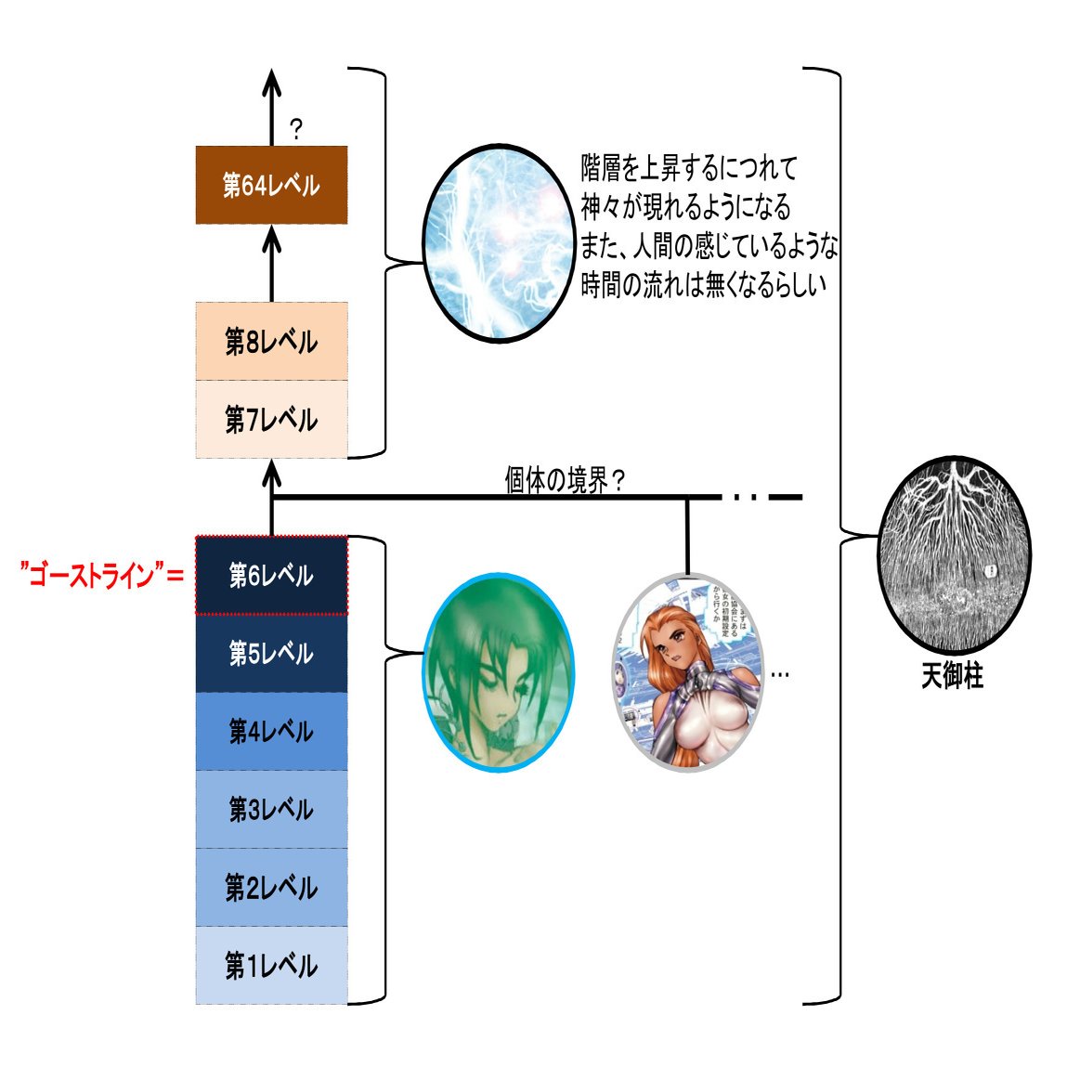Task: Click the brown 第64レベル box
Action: [x=271, y=185]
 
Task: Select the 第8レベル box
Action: [x=271, y=341]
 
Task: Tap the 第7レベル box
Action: [x=271, y=419]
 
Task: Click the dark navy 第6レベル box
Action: [x=271, y=575]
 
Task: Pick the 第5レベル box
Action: [x=271, y=653]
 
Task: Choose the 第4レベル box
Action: [x=271, y=731]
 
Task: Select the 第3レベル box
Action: [x=271, y=809]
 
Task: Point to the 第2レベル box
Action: [x=271, y=887]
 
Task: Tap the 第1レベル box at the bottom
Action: [x=271, y=965]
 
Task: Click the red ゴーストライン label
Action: [x=102, y=576]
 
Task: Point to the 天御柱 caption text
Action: [x=952, y=675]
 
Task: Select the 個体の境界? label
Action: [x=565, y=480]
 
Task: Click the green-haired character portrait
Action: [x=499, y=671]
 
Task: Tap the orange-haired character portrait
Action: [x=687, y=673]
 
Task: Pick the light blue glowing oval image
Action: [x=499, y=241]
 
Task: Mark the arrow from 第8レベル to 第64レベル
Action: [x=271, y=263]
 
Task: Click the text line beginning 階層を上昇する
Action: [x=689, y=168]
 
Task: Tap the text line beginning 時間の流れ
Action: [x=703, y=285]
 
